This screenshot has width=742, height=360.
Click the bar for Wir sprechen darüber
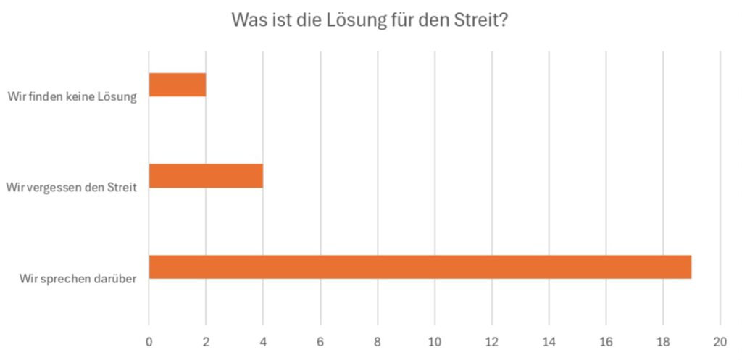pyautogui.click(x=420, y=267)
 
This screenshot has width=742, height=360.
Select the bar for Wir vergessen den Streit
pyautogui.click(x=206, y=176)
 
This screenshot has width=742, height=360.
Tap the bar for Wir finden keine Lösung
pyautogui.click(x=178, y=85)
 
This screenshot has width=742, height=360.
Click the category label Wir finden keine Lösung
pyautogui.click(x=72, y=97)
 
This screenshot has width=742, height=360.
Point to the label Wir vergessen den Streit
pyautogui.click(x=72, y=188)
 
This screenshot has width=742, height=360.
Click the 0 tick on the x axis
pyautogui.click(x=149, y=341)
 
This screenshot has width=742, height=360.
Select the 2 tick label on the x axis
pyautogui.click(x=206, y=341)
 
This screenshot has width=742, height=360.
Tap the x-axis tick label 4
pyautogui.click(x=263, y=341)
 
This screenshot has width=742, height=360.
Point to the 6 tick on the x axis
pyautogui.click(x=320, y=341)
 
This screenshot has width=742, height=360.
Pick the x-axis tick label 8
pyautogui.click(x=378, y=341)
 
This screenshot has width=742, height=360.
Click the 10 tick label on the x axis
pyautogui.click(x=435, y=341)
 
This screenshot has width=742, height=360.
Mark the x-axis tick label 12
pyautogui.click(x=492, y=341)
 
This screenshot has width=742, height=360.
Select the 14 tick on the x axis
pyautogui.click(x=549, y=341)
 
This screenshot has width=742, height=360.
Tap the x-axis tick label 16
pyautogui.click(x=606, y=341)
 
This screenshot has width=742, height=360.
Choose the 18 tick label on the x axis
pyautogui.click(x=663, y=341)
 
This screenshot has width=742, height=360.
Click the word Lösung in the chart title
pyautogui.click(x=358, y=20)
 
